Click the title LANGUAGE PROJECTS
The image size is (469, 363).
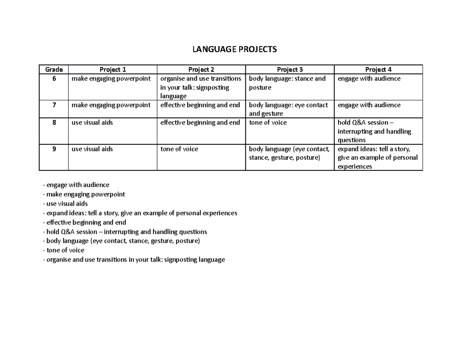pyautogui.click(x=234, y=49)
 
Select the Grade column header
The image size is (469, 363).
pyautogui.click(x=54, y=70)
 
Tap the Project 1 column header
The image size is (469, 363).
pyautogui.click(x=113, y=70)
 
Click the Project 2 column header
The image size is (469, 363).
pyautogui.click(x=201, y=70)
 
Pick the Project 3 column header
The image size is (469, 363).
pyautogui.click(x=290, y=70)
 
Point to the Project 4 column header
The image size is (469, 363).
pyautogui.click(x=378, y=70)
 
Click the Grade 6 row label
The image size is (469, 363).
pyautogui.click(x=54, y=79)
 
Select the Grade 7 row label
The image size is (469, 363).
pyautogui.click(x=54, y=105)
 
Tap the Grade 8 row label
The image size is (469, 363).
pyautogui.click(x=54, y=123)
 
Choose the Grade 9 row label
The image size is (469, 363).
pyautogui.click(x=54, y=149)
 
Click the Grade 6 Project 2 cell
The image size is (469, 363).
pyautogui.click(x=201, y=87)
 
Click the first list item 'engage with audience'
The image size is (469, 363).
pyautogui.click(x=76, y=185)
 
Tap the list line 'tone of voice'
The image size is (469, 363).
pyautogui.click(x=64, y=250)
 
